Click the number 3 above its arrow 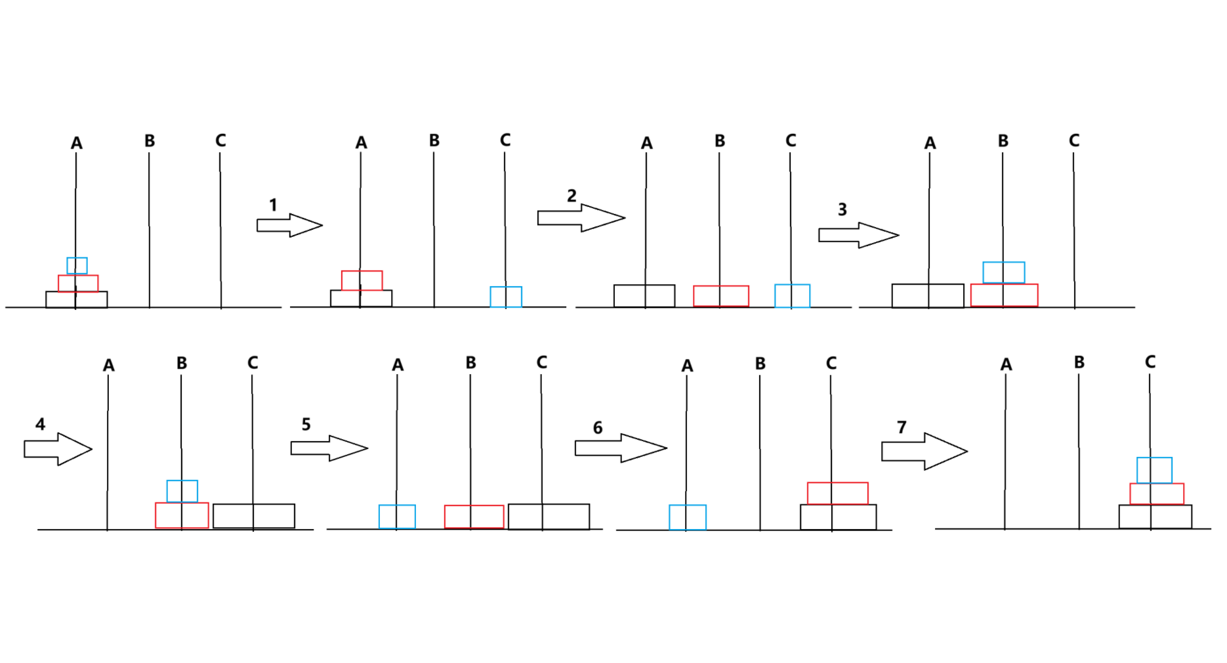pyautogui.click(x=842, y=209)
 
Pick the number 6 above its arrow pyautogui.click(x=598, y=428)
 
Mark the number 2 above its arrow pyautogui.click(x=572, y=196)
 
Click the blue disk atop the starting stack pyautogui.click(x=77, y=266)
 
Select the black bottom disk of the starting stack pyautogui.click(x=76, y=299)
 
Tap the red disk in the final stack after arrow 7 pyautogui.click(x=1157, y=494)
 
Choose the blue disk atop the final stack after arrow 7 pyautogui.click(x=1154, y=470)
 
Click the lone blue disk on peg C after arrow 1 pyautogui.click(x=506, y=297)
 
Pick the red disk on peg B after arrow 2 pyautogui.click(x=721, y=296)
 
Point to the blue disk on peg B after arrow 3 pyautogui.click(x=1003, y=272)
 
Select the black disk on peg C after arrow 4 pyautogui.click(x=254, y=516)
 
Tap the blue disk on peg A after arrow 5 pyautogui.click(x=397, y=517)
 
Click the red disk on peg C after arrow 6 pyautogui.click(x=837, y=493)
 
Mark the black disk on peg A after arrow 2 pyautogui.click(x=644, y=296)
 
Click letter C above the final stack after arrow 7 pyautogui.click(x=1150, y=362)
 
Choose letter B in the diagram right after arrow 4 pyautogui.click(x=182, y=363)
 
